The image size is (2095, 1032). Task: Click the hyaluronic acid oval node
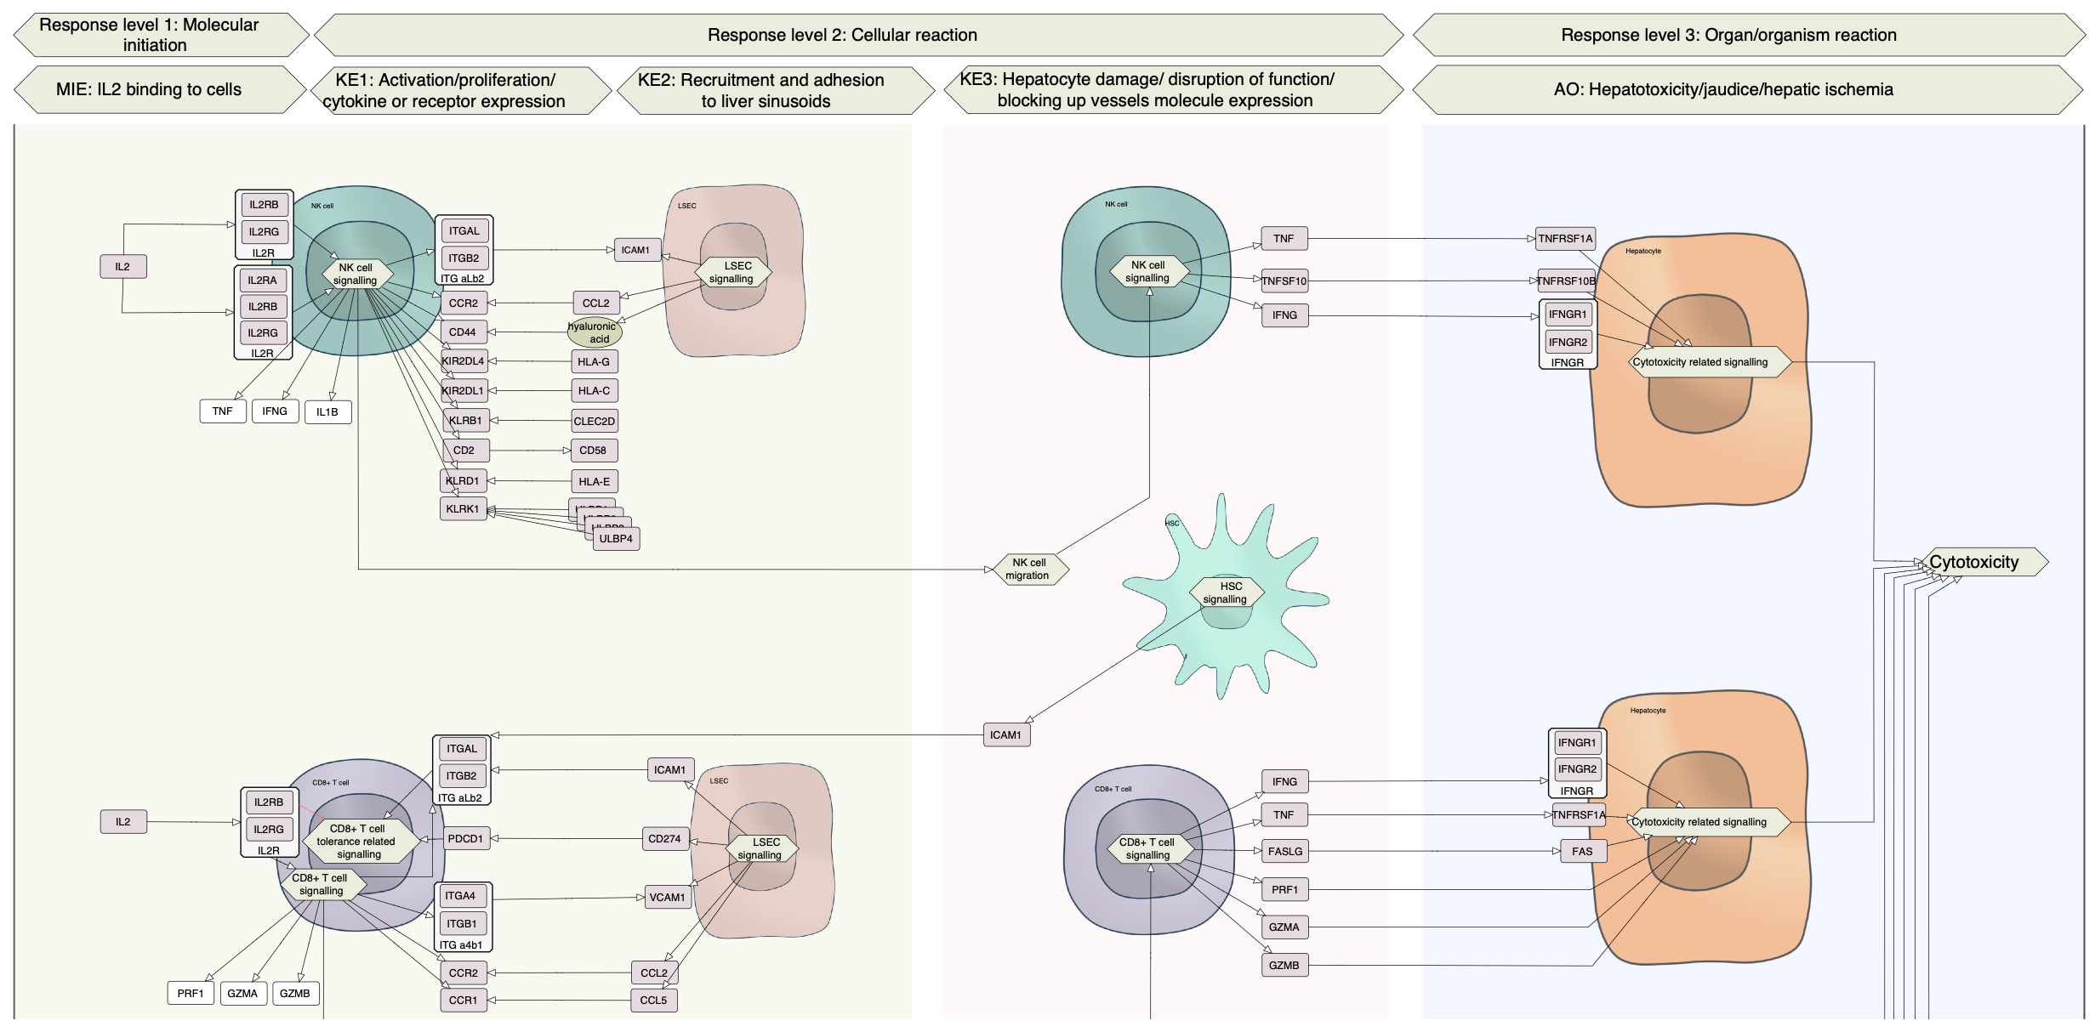[595, 332]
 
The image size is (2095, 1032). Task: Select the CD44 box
[464, 332]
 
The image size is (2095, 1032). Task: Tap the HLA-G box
[594, 362]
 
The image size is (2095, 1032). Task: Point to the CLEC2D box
[595, 421]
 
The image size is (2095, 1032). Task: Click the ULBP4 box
[617, 539]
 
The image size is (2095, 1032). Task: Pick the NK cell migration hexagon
[1028, 570]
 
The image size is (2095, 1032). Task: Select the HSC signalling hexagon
[1227, 593]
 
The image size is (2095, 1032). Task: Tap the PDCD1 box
[465, 839]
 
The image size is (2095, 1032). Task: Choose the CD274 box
[664, 839]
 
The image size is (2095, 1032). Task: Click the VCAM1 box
[668, 898]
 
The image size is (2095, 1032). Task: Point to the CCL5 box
[654, 1001]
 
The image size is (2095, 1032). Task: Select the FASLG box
[1285, 852]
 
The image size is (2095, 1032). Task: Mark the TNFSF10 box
[1284, 281]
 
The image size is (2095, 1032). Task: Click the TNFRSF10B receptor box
[1566, 281]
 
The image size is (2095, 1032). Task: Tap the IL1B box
[327, 412]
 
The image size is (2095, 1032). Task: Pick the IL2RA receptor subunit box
[263, 281]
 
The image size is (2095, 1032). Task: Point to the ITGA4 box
[462, 896]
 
